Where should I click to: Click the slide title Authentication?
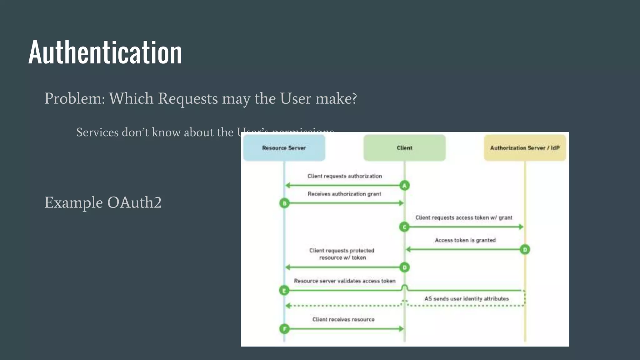click(x=105, y=52)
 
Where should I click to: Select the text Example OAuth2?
click(x=103, y=202)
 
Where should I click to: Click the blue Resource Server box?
click(x=284, y=148)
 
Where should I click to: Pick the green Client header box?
click(x=404, y=148)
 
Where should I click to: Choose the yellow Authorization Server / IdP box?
click(x=525, y=148)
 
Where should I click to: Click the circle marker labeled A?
click(x=404, y=186)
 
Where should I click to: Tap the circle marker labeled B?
click(x=284, y=203)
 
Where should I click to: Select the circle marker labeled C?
click(x=404, y=227)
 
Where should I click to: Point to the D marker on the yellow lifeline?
click(x=525, y=250)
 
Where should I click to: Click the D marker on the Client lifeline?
click(x=404, y=267)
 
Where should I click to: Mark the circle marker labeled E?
click(x=284, y=291)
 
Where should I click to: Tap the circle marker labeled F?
click(x=284, y=329)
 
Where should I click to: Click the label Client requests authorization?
click(x=344, y=176)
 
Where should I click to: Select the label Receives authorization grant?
click(x=344, y=194)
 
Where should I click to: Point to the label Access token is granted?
click(x=465, y=240)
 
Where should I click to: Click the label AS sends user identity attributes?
click(x=466, y=299)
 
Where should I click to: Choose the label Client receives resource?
click(x=343, y=319)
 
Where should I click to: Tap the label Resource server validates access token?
click(x=344, y=281)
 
